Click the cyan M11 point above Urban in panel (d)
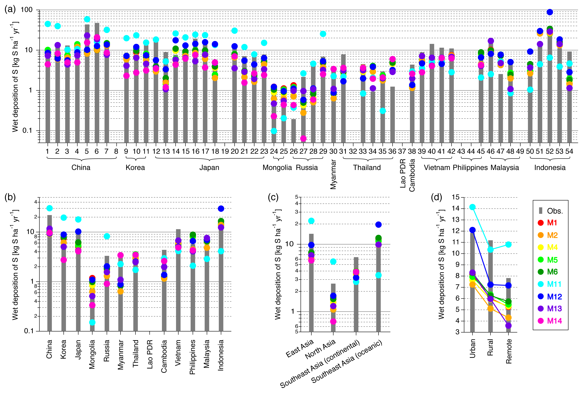[472, 207]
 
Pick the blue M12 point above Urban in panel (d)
[472, 230]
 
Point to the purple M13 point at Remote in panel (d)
[508, 326]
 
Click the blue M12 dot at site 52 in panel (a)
[550, 12]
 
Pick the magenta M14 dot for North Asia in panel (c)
[333, 321]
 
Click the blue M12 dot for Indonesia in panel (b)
[221, 209]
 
